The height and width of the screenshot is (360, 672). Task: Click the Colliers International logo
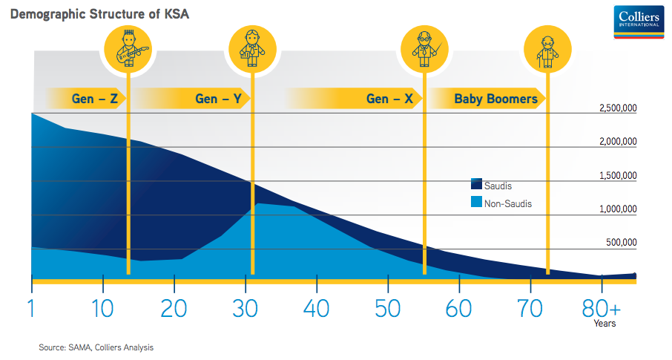pyautogui.click(x=639, y=22)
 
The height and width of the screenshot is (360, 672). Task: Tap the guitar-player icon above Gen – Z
pyautogui.click(x=128, y=49)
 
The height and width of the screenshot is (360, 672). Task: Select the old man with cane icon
pyautogui.click(x=547, y=49)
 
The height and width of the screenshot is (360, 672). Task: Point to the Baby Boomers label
pyautogui.click(x=495, y=99)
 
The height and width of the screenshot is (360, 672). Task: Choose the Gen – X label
pyautogui.click(x=389, y=99)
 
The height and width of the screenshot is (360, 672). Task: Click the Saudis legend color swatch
pyautogui.click(x=476, y=184)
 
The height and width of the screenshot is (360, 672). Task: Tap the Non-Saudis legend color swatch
pyautogui.click(x=476, y=202)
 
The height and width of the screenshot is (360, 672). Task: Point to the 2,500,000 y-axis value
pyautogui.click(x=618, y=108)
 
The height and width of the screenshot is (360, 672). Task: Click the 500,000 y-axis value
pyautogui.click(x=621, y=243)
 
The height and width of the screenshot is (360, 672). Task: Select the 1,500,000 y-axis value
pyautogui.click(x=618, y=175)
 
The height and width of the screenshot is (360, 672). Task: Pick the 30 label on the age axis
pyautogui.click(x=245, y=309)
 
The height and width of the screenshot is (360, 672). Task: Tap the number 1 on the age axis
pyautogui.click(x=31, y=309)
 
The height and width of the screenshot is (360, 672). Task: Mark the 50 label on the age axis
pyautogui.click(x=387, y=309)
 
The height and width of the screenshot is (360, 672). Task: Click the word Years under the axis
pyautogui.click(x=605, y=324)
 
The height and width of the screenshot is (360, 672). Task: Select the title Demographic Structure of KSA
pyautogui.click(x=99, y=13)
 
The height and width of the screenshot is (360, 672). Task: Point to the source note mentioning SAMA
pyautogui.click(x=96, y=347)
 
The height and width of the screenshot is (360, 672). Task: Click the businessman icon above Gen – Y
pyautogui.click(x=252, y=49)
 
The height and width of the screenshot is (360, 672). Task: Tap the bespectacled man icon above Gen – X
pyautogui.click(x=424, y=49)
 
